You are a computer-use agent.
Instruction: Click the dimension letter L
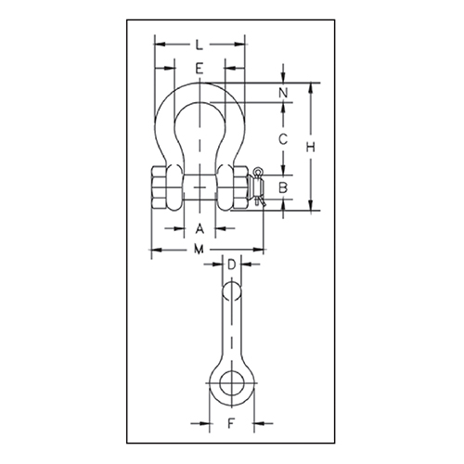200,44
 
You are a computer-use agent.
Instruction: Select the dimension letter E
200,68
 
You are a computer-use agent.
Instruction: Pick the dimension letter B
285,189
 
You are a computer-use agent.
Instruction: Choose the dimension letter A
200,228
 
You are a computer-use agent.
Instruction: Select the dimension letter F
231,427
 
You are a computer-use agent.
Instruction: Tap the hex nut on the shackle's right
238,188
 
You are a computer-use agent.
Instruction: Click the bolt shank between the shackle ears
200,188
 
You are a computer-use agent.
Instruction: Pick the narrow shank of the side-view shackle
231,329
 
